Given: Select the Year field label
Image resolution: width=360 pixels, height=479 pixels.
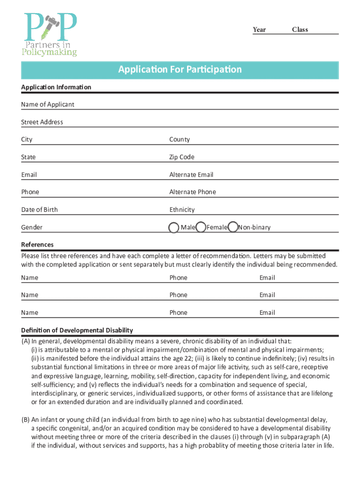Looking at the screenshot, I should [x=259, y=29].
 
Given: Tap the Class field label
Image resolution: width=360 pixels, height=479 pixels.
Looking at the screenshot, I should [x=300, y=29].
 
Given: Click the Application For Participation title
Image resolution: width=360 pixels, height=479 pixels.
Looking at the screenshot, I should [x=180, y=70].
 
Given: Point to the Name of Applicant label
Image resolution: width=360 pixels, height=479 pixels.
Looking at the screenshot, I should [x=48, y=104].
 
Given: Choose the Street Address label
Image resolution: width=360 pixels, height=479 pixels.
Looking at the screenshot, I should [x=42, y=122].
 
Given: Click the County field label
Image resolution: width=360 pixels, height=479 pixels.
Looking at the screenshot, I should [x=180, y=139].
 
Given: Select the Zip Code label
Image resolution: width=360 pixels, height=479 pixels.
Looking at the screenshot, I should [x=182, y=157].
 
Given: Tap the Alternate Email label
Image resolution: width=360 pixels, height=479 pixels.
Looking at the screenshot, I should [x=191, y=174].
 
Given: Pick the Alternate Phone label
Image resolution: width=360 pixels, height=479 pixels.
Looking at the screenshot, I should [x=193, y=192].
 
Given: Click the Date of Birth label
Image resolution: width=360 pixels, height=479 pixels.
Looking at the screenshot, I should [x=40, y=210].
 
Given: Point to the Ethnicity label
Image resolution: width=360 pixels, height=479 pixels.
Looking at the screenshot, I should [x=182, y=210].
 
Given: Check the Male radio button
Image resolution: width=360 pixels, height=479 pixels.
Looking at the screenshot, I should [x=173, y=227].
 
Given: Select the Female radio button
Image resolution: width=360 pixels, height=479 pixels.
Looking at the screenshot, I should [x=201, y=227].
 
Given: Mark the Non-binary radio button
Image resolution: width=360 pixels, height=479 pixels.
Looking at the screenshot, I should [x=233, y=227].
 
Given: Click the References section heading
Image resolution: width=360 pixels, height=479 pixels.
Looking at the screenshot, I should [x=37, y=245].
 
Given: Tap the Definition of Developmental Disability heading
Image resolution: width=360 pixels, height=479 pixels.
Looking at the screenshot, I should [x=77, y=330].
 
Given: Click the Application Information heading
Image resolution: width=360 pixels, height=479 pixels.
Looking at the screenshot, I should [x=56, y=87].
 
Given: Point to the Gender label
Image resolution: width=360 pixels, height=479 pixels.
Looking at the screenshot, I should [x=32, y=227].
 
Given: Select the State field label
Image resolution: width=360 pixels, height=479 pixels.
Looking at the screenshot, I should [x=28, y=157].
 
